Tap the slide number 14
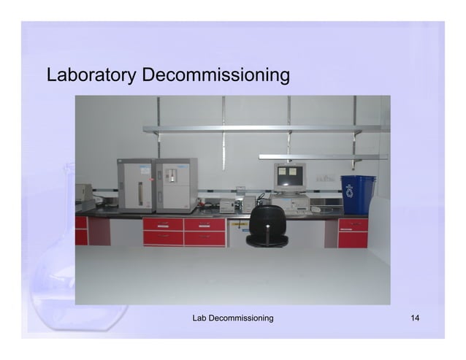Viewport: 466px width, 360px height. (x=416, y=318)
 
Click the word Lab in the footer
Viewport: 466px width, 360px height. (x=200, y=318)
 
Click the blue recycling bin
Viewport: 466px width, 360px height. (x=357, y=194)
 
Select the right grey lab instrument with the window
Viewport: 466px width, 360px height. (x=176, y=185)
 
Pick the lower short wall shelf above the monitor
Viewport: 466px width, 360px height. (x=321, y=156)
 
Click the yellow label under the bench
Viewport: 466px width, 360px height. (x=237, y=224)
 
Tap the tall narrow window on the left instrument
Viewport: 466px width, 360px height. (x=141, y=186)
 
